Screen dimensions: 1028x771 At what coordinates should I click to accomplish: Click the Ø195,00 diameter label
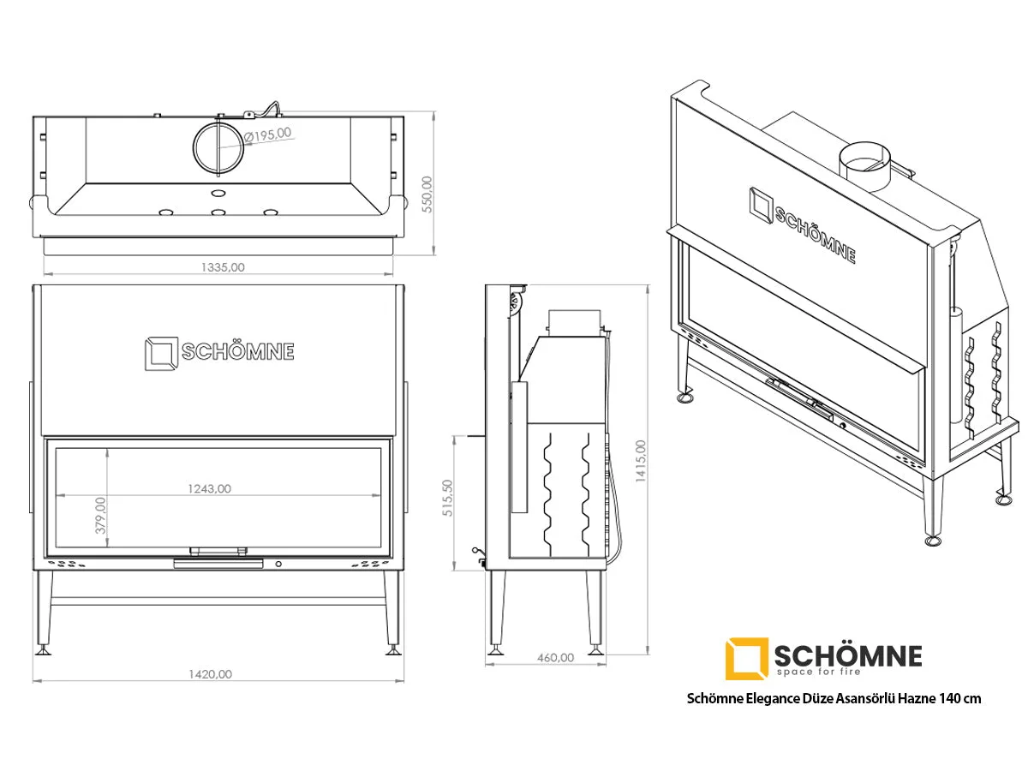(267, 134)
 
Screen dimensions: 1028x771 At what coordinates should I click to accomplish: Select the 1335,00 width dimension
(223, 267)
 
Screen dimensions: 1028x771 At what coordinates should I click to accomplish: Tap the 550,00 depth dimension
(427, 194)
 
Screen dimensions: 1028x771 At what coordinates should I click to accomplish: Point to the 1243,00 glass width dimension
(209, 488)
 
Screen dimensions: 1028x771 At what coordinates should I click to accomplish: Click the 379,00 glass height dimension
(100, 515)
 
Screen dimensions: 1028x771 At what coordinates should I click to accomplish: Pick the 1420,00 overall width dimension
(210, 674)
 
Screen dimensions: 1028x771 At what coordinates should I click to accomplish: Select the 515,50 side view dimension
(448, 498)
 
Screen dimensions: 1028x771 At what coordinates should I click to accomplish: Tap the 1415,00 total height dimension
(640, 461)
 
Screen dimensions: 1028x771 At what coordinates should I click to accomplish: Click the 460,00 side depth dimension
(555, 658)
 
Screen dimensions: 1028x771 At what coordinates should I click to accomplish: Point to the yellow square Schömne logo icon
(746, 659)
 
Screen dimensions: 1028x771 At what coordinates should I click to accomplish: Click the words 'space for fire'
(819, 672)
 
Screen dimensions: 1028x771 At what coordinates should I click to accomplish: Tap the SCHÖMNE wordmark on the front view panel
(238, 352)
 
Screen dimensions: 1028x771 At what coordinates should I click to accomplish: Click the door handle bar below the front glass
(218, 564)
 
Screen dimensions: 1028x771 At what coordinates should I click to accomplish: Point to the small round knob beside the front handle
(278, 564)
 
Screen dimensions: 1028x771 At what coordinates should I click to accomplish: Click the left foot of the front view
(45, 651)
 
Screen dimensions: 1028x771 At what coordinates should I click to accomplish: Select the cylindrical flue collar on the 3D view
(864, 166)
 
